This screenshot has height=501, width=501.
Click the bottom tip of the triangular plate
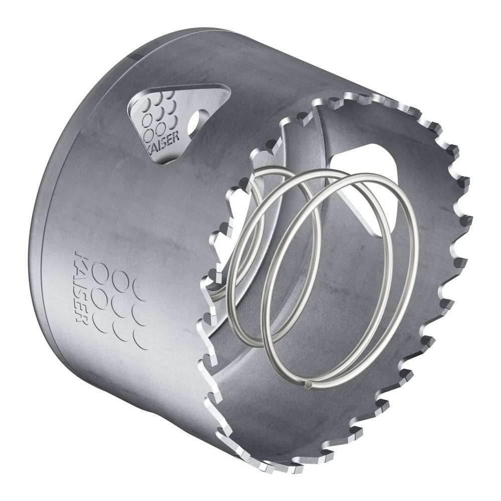(x=163, y=161)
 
